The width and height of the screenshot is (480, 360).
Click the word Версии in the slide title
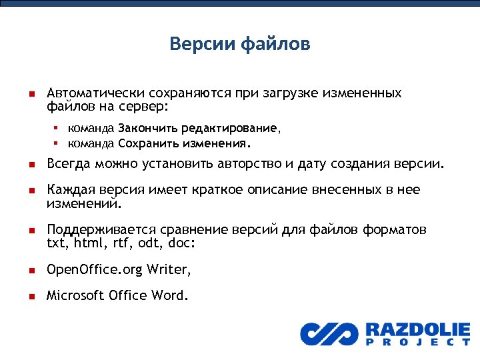(194, 45)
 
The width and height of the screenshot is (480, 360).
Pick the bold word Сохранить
(145, 143)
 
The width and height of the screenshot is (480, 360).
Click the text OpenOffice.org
(94, 269)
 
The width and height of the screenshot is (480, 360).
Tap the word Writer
(169, 269)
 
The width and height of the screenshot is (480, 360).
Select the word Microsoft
(74, 295)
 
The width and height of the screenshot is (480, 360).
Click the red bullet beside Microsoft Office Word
(31, 295)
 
